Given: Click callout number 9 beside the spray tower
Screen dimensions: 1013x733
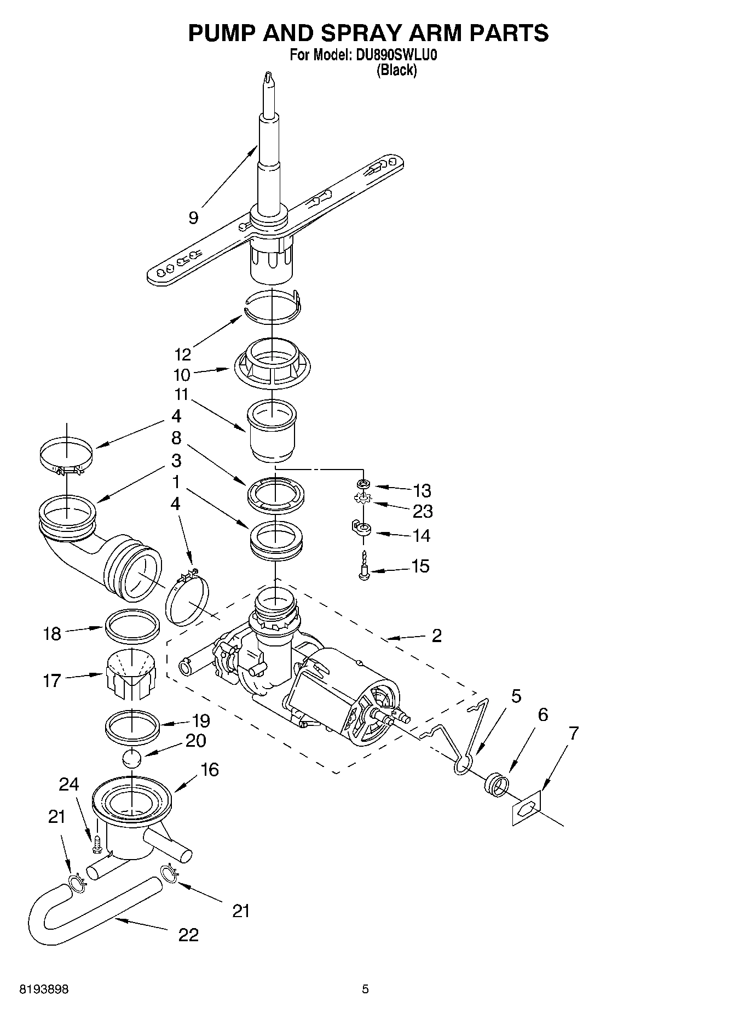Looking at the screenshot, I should (193, 218).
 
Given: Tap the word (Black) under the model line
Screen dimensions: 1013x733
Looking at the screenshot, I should (397, 70).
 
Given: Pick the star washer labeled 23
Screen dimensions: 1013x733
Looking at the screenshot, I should (362, 499).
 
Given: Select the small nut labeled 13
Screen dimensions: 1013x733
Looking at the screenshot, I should (362, 484).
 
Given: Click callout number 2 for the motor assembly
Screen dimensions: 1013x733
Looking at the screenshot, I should (436, 636).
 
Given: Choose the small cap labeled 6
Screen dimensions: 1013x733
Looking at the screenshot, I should (495, 782).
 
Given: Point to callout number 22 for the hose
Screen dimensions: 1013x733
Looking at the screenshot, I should (188, 934).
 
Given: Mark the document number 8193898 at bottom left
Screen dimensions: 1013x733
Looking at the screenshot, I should (44, 989).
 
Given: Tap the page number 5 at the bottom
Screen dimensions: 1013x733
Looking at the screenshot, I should (365, 989).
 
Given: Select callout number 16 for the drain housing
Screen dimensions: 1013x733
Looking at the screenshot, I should (209, 770).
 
